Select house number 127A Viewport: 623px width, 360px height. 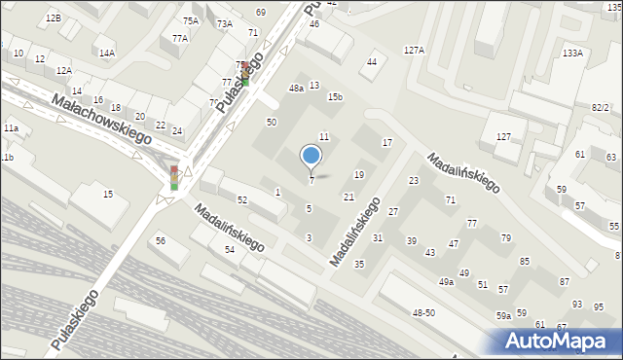click(415, 50)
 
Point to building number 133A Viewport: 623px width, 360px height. click(572, 54)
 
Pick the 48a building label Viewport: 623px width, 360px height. click(296, 88)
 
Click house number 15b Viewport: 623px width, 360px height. click(335, 97)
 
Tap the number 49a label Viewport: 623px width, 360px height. click(446, 282)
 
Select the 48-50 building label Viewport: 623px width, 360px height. click(423, 312)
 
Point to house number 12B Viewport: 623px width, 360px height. click(53, 18)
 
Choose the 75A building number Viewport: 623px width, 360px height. click(191, 20)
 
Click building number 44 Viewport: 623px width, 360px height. click(371, 62)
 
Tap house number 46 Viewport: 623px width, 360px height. click(314, 23)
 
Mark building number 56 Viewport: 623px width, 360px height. click(161, 240)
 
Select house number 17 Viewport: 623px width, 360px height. click(386, 143)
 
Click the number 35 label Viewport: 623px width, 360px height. click(359, 265)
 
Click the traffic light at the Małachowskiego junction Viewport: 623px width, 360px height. click(174, 177)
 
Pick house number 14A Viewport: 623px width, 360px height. click(106, 54)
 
